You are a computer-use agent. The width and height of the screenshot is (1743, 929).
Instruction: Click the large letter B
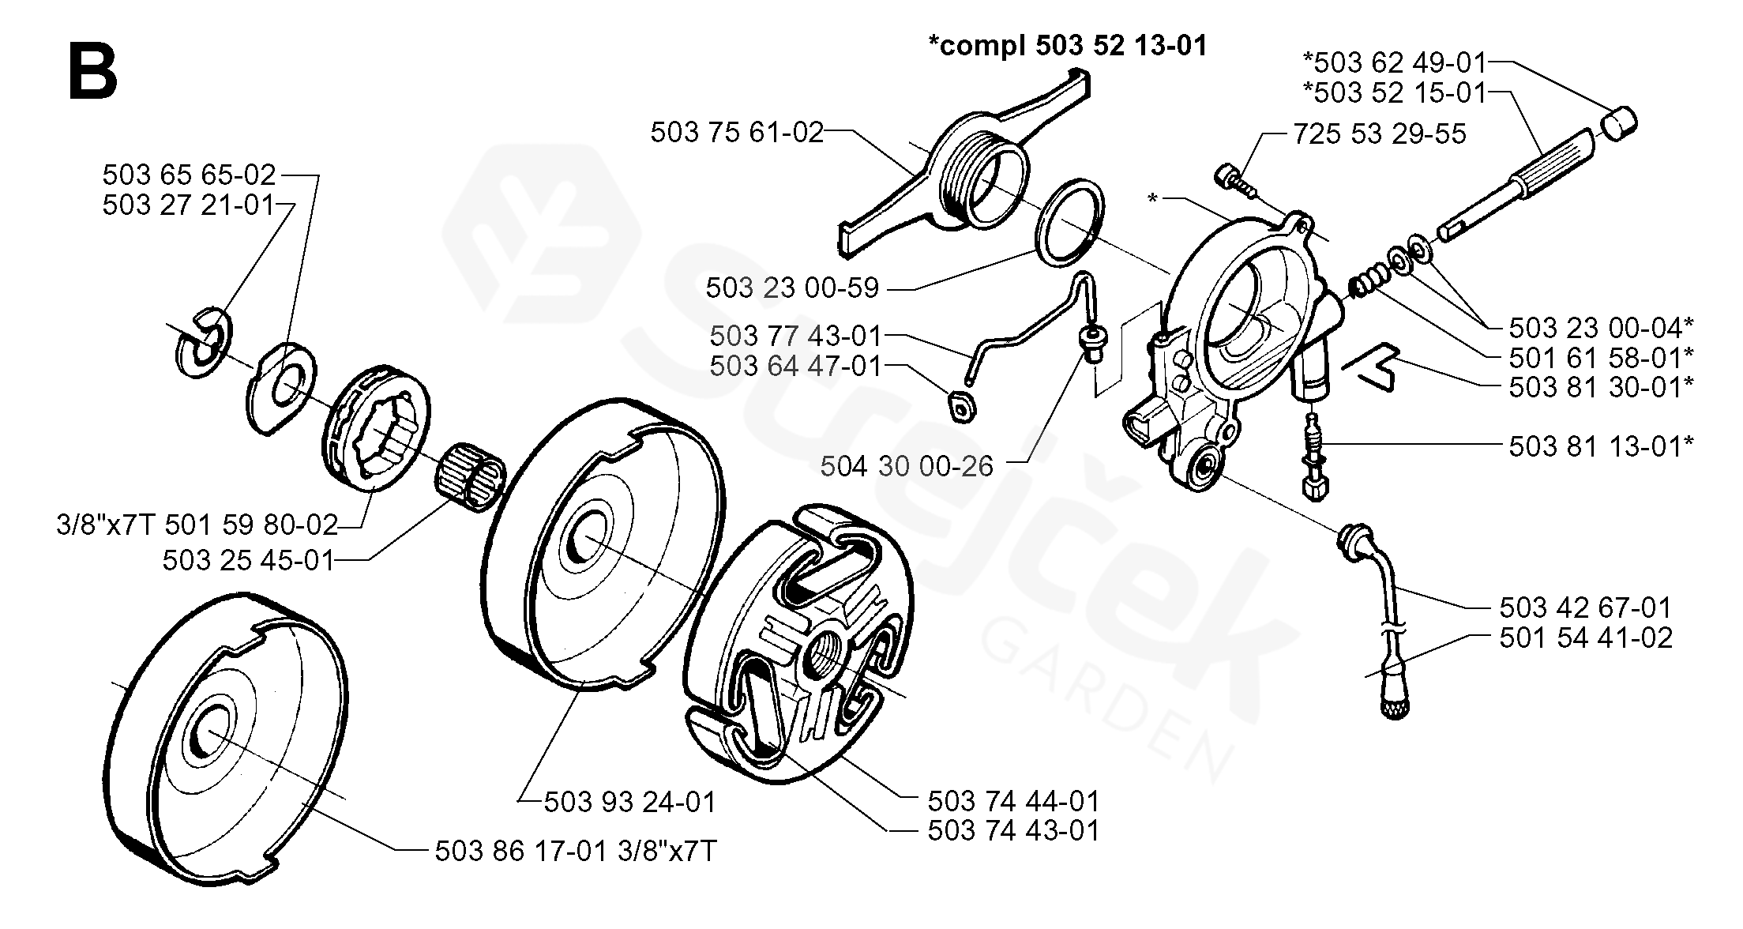coord(93,72)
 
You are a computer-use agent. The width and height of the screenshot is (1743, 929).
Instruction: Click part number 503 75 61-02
coord(737,133)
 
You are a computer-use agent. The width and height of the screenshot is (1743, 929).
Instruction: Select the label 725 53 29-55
coord(1379,134)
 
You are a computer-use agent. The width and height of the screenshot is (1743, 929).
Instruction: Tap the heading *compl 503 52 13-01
coord(1068,47)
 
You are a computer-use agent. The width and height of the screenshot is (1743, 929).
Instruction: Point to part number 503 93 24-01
coord(629,802)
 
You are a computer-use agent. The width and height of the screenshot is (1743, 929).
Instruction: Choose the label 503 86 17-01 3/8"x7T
coord(576,851)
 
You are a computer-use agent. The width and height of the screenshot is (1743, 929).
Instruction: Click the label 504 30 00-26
coord(906,466)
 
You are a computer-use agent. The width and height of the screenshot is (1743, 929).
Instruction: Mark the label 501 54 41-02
coord(1586,638)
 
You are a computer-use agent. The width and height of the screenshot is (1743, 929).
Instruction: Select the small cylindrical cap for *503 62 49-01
coord(1618,125)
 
